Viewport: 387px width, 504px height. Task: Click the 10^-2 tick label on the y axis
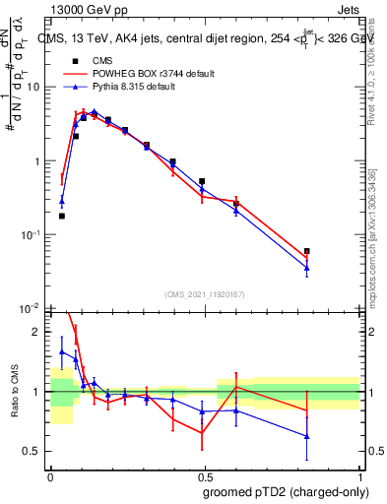[31, 309]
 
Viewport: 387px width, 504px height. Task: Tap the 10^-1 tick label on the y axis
[31, 235]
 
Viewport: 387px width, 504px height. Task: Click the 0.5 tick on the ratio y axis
[34, 451]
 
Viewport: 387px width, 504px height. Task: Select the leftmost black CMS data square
[62, 216]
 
